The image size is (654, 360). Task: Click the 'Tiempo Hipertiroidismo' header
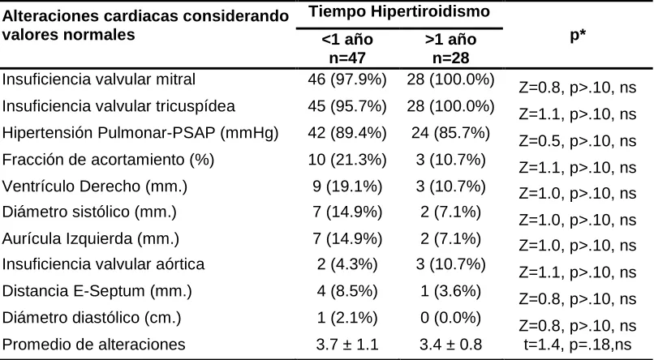coord(399,11)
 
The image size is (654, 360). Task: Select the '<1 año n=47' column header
coord(347,49)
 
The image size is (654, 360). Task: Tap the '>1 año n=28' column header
coord(450,49)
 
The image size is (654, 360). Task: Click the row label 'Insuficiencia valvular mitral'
coord(99,79)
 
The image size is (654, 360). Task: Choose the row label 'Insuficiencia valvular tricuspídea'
coord(118,106)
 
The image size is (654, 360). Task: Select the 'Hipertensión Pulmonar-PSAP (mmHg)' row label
coord(140,133)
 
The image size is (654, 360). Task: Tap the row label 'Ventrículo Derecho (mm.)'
coord(95,186)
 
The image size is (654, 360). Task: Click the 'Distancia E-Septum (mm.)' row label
coord(97,291)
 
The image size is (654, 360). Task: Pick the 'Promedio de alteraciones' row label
coord(94,345)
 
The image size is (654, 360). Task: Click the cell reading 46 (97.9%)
coord(347,79)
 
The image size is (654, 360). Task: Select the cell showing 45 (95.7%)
coord(347,106)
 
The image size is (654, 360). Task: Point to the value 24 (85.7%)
coord(450,133)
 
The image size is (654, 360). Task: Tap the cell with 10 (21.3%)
coord(347,160)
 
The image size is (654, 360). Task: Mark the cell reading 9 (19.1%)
coord(347,186)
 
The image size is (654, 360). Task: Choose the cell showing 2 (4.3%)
coord(347,264)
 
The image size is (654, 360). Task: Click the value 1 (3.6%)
coord(450,291)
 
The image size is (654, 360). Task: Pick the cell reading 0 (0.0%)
coord(450,318)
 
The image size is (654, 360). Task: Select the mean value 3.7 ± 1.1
coord(347,345)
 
